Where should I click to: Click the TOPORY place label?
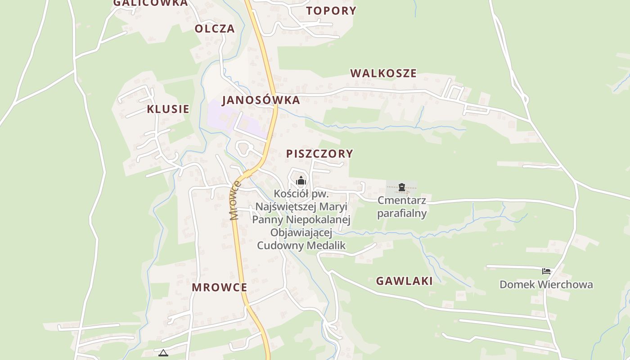331,11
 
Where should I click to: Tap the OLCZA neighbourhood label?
215,29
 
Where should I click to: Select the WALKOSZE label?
383,73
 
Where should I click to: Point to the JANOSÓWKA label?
261,100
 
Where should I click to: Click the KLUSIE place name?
168,109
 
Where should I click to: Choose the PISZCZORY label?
319,154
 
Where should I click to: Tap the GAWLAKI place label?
404,281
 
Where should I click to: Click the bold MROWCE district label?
220,288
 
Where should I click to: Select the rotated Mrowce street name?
235,201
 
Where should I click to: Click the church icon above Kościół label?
301,181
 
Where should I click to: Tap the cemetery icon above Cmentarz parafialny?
402,187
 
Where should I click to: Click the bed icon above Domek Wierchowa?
546,271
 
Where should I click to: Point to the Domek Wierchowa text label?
546,285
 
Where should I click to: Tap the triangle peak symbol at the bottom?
163,353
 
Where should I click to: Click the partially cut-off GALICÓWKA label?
150,3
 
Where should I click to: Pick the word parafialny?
402,213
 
